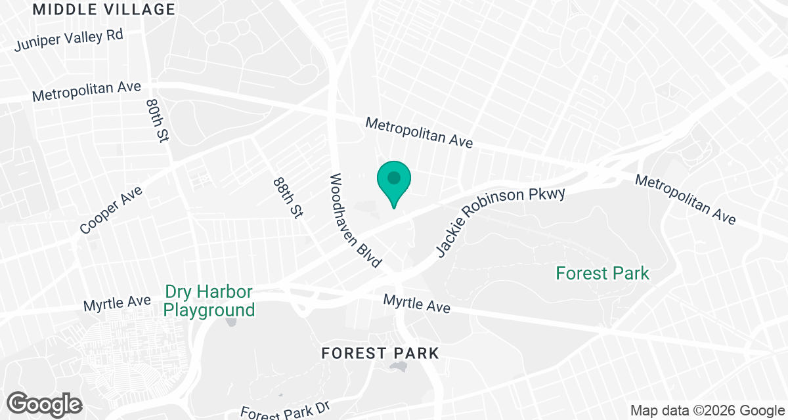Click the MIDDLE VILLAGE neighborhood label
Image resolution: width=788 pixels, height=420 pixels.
tap(104, 10)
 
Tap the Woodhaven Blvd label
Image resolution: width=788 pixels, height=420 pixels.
tap(355, 220)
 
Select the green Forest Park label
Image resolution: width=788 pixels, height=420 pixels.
tap(602, 273)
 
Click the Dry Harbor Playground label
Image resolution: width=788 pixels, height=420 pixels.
tap(209, 301)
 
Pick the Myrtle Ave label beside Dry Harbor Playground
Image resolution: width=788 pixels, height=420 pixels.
tap(108, 304)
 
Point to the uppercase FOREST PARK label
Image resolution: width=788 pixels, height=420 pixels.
tap(380, 354)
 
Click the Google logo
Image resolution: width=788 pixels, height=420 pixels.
tap(45, 403)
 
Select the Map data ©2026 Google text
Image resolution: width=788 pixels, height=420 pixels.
tap(707, 411)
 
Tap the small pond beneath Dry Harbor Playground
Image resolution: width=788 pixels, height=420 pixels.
tap(231, 322)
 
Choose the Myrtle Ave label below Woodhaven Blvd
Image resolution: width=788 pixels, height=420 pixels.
tap(417, 303)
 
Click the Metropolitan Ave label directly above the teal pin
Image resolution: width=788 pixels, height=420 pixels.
tap(419, 133)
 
